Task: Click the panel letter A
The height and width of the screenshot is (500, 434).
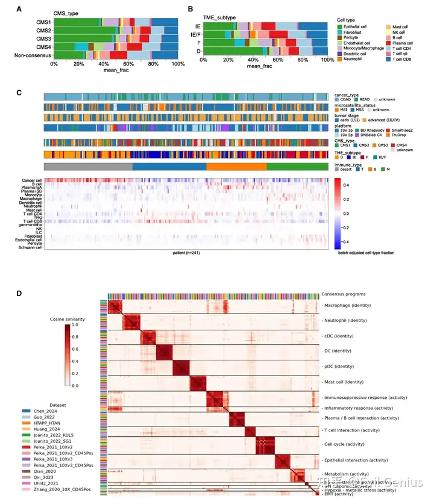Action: coord(20,9)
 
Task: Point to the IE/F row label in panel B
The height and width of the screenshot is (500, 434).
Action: coord(195,35)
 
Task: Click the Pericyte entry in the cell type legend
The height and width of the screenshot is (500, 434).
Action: coord(356,37)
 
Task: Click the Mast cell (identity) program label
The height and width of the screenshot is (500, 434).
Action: coord(350,381)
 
